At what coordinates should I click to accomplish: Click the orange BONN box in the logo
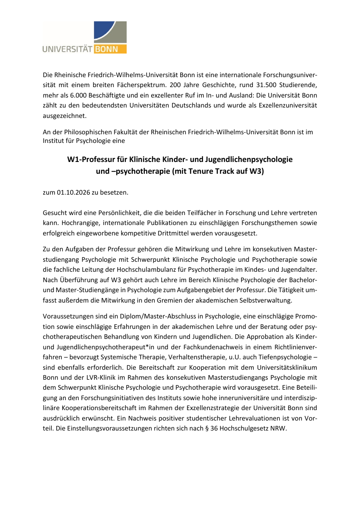point(110,49)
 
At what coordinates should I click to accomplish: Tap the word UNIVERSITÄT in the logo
point(68,49)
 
